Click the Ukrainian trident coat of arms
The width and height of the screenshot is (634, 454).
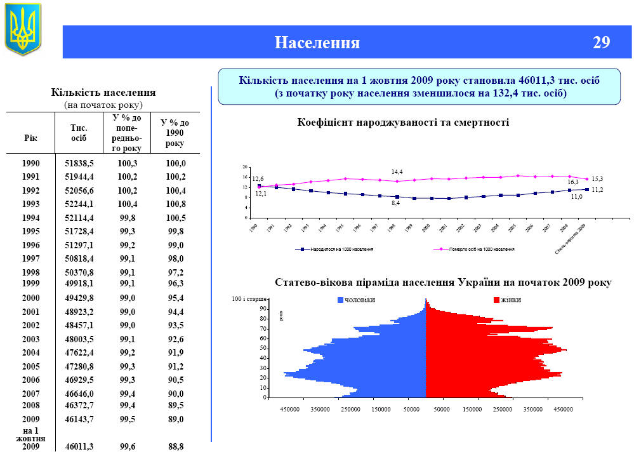(x=23, y=29)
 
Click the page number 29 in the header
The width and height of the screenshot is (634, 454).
(x=601, y=43)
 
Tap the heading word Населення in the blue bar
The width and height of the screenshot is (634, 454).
(x=317, y=43)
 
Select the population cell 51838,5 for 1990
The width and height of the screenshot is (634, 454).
(x=79, y=163)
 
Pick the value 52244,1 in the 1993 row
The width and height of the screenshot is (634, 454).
(x=79, y=204)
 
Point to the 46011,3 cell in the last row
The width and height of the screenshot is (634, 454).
(x=79, y=447)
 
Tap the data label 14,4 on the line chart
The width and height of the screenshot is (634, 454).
(x=397, y=172)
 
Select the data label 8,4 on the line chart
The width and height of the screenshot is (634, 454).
(x=395, y=203)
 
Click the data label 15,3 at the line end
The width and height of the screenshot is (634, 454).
(x=597, y=179)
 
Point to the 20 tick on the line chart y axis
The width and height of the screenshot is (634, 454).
(x=244, y=167)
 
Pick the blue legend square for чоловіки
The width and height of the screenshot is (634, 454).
(x=340, y=300)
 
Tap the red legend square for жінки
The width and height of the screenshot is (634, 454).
(x=496, y=300)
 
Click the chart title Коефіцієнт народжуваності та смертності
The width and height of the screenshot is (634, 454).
(x=403, y=122)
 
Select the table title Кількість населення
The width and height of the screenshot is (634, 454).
(x=103, y=93)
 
